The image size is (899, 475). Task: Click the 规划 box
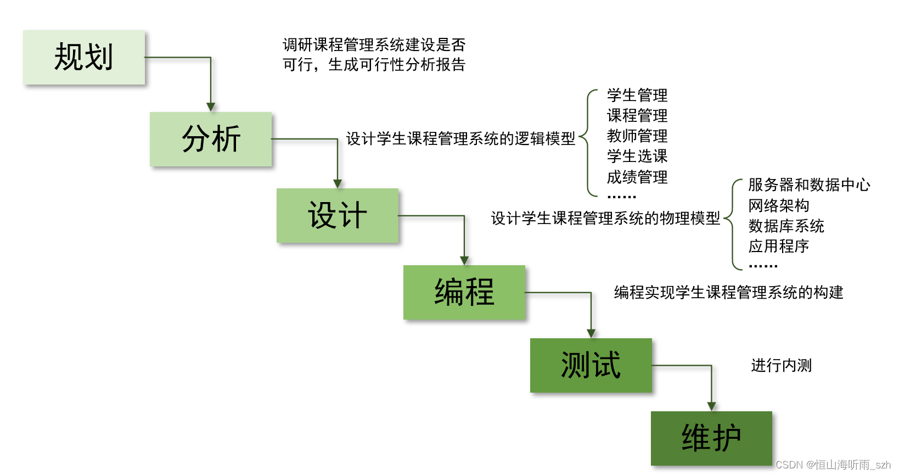click(84, 57)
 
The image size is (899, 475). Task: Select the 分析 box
click(211, 139)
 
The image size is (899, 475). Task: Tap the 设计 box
click(338, 215)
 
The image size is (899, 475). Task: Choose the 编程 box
click(464, 292)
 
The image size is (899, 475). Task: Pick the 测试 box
click(591, 365)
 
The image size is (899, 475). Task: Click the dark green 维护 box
click(711, 438)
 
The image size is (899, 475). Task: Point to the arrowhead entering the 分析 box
click(211, 107)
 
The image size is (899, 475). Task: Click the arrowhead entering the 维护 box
click(711, 406)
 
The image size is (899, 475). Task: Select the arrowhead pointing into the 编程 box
click(464, 260)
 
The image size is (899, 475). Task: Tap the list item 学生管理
click(637, 96)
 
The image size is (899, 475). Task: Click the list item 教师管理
click(637, 136)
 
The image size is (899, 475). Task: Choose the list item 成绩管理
click(637, 177)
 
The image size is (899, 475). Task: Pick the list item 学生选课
click(637, 157)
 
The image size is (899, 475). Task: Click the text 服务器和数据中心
click(809, 185)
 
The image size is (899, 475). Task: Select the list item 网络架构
click(779, 206)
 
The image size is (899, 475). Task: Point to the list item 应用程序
click(779, 247)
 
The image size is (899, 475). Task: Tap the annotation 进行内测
click(781, 366)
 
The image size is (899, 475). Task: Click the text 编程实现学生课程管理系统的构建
click(728, 293)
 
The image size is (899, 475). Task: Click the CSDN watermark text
click(833, 465)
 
